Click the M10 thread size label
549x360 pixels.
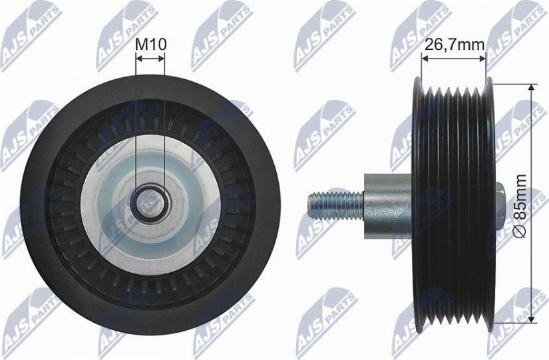(150, 45)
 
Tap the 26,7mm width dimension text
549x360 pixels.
(453, 45)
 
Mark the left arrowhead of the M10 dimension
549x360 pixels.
(138, 59)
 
